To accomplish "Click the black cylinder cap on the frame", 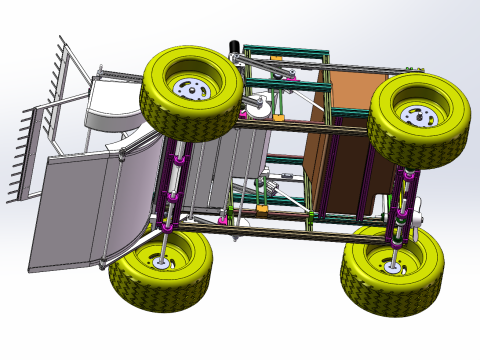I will pos(236,47).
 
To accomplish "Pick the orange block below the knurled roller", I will pos(262,210).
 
